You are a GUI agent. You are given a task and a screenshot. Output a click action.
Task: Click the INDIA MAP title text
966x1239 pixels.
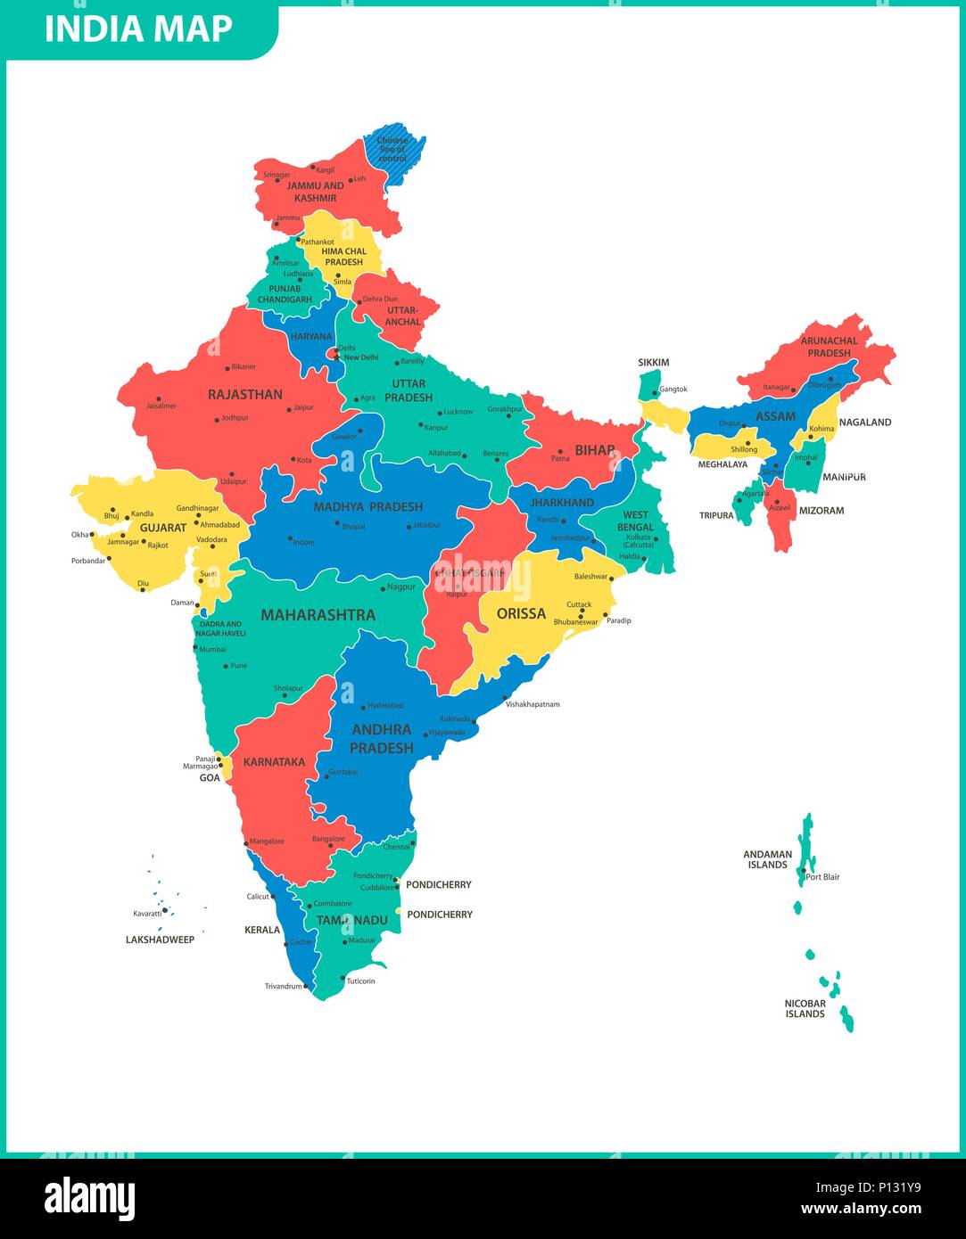click(138, 29)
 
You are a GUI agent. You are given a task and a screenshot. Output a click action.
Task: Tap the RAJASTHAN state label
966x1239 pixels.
click(244, 394)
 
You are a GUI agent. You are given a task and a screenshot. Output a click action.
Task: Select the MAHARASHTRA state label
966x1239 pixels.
click(318, 615)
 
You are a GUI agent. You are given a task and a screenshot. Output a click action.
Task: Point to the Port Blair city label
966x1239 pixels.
click(822, 877)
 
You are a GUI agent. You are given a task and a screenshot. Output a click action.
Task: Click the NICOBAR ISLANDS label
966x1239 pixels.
click(805, 1008)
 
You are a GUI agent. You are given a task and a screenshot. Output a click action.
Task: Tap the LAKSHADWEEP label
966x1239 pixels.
click(160, 940)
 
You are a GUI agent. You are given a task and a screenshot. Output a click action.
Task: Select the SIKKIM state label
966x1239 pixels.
click(653, 363)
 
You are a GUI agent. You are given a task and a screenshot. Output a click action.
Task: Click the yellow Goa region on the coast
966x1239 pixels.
click(226, 766)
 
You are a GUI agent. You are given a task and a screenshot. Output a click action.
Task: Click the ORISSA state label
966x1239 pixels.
click(521, 613)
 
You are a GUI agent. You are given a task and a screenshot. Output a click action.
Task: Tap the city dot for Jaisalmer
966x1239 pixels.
click(159, 399)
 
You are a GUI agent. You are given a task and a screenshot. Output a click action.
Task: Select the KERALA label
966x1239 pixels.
click(262, 930)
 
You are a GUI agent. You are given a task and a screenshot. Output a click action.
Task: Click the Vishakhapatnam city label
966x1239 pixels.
click(533, 704)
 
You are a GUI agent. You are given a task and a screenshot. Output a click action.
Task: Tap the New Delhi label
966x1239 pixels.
click(361, 357)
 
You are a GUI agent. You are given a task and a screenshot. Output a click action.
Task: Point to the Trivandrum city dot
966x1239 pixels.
click(305, 986)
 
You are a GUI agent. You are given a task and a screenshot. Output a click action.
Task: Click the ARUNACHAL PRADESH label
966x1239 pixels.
click(829, 347)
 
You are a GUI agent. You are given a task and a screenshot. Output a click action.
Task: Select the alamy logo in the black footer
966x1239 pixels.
click(89, 1199)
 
